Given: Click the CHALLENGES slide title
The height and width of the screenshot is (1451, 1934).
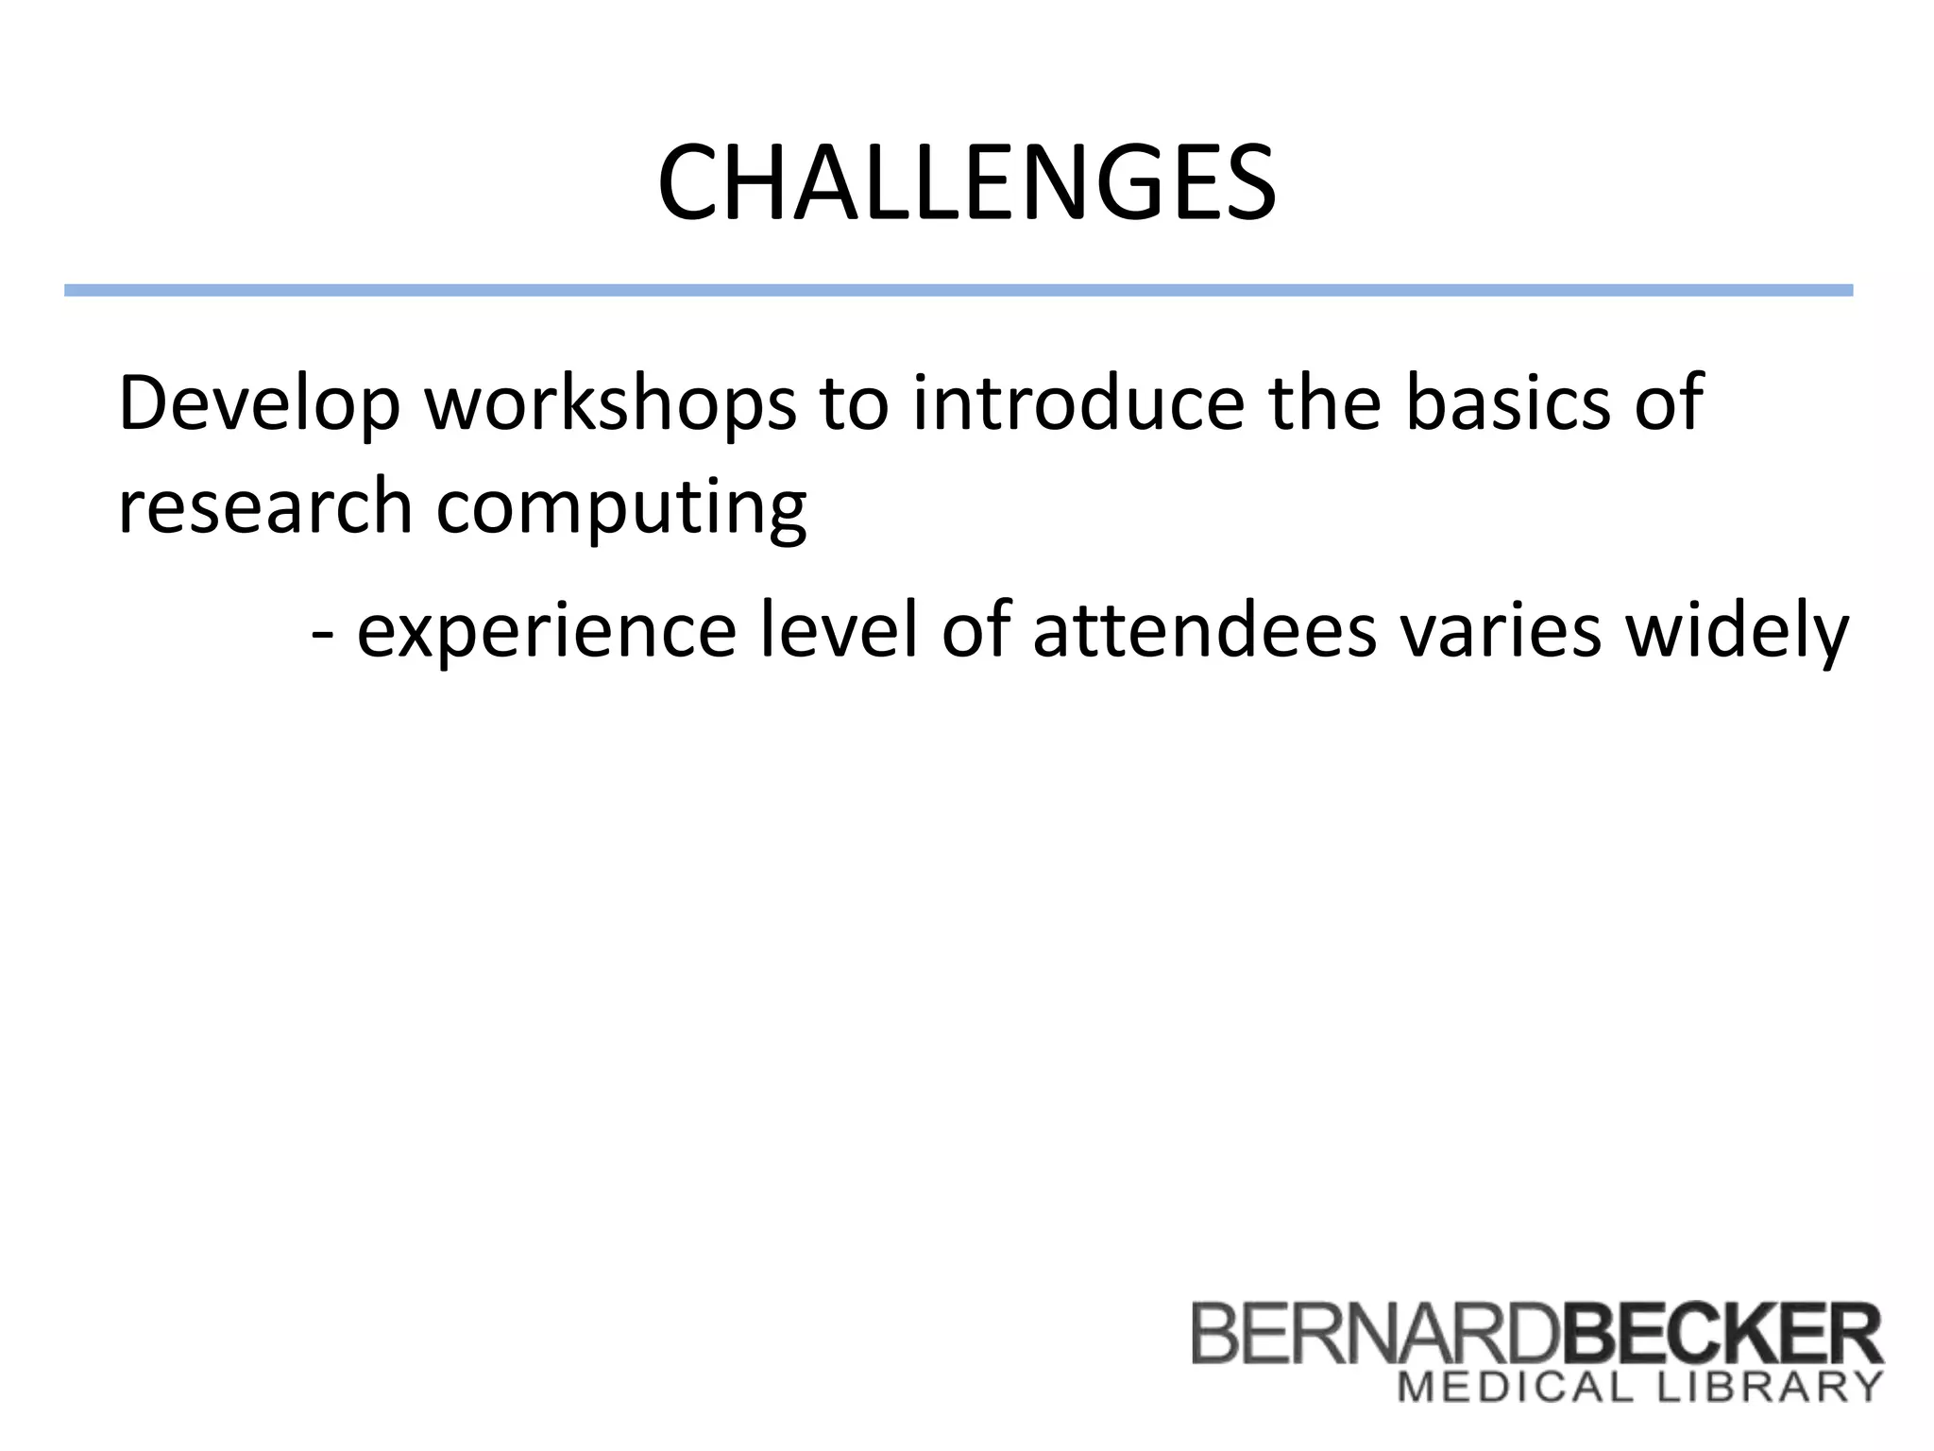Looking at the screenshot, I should (x=966, y=183).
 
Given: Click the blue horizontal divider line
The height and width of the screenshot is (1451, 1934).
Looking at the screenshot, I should (x=958, y=290).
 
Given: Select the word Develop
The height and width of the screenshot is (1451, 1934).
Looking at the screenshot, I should (x=259, y=404).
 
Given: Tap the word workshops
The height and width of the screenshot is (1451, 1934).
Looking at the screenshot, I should (x=610, y=404).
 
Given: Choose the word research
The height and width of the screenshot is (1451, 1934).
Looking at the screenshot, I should (x=265, y=506).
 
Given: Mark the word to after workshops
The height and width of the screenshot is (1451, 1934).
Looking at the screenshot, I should (x=854, y=404).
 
